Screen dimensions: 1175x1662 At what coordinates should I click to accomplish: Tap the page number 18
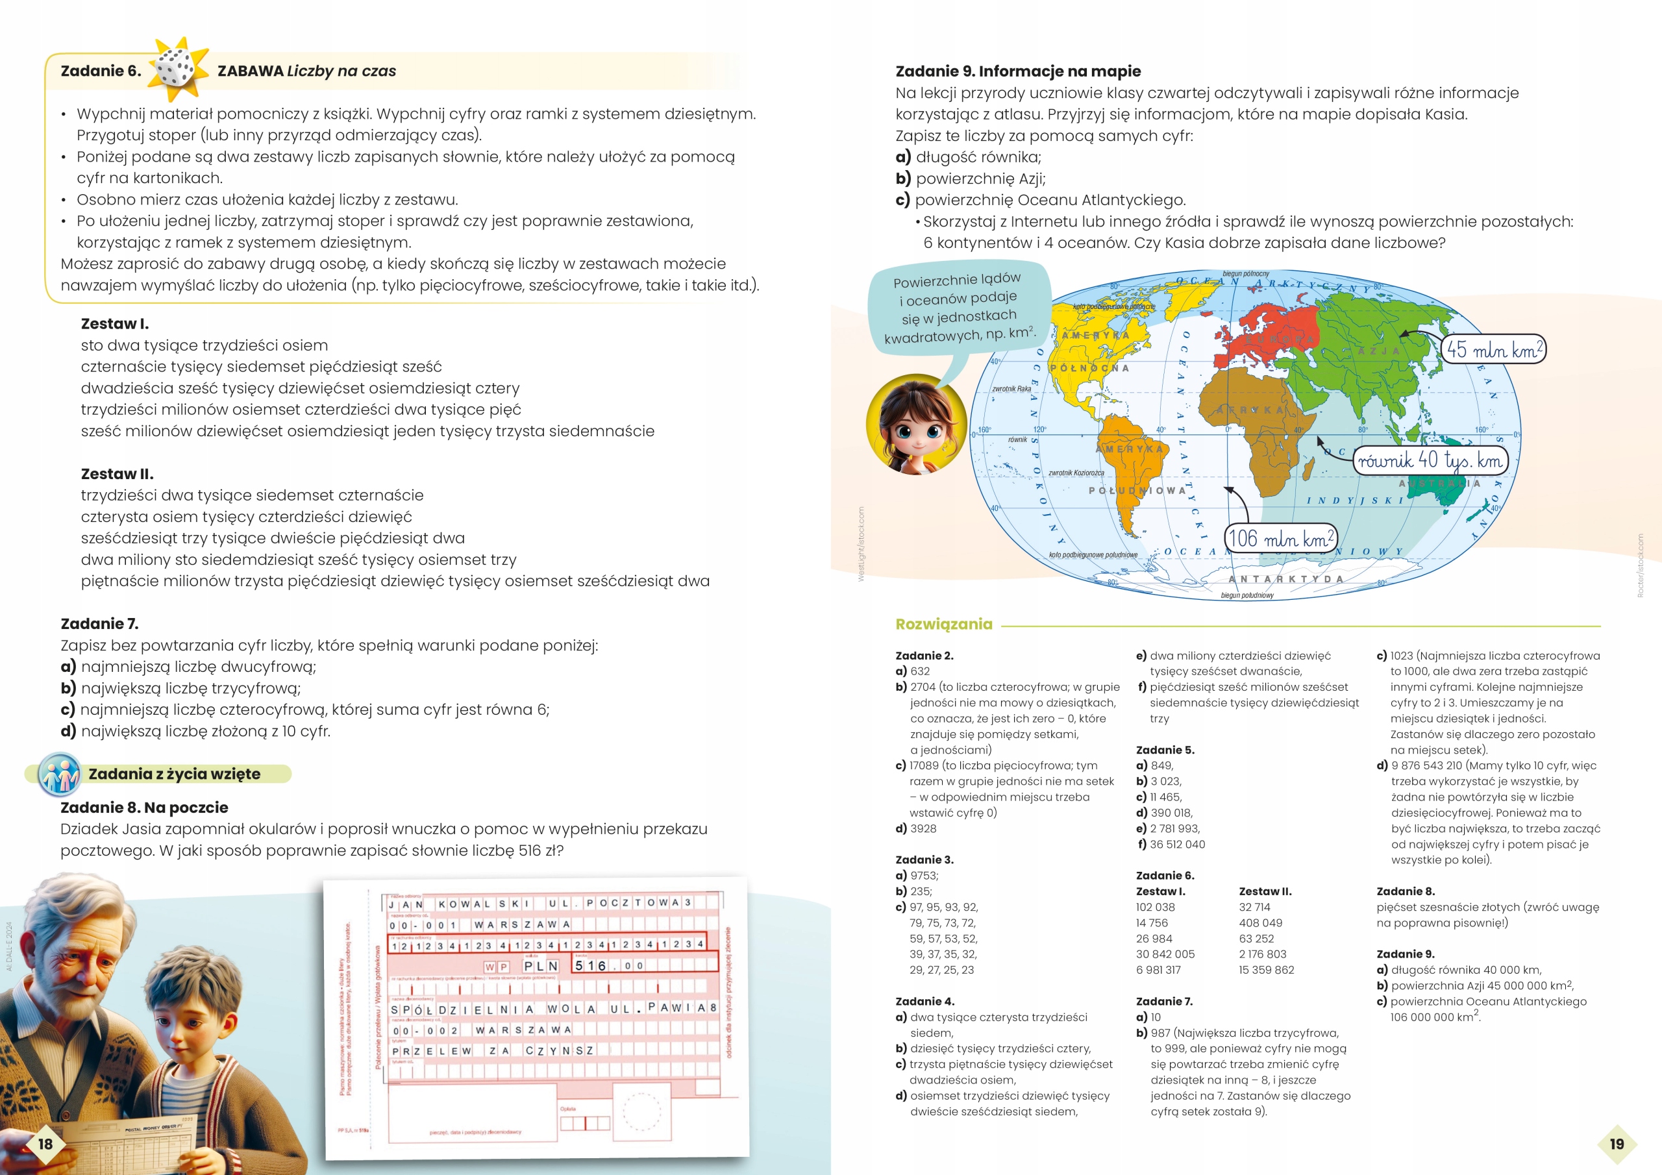pyautogui.click(x=45, y=1143)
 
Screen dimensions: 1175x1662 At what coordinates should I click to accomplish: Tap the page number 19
pyautogui.click(x=1617, y=1143)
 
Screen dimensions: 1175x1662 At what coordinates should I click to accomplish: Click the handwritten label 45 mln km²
pyautogui.click(x=1493, y=350)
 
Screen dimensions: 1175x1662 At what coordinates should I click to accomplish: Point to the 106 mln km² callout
pyautogui.click(x=1280, y=538)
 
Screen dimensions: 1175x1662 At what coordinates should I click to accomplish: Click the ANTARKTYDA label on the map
pyautogui.click(x=1285, y=579)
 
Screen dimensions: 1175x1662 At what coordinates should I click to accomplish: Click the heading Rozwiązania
pyautogui.click(x=943, y=624)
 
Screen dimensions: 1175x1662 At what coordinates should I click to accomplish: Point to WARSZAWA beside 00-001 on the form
pyautogui.click(x=521, y=924)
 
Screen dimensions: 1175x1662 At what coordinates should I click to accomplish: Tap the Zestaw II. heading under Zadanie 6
pyautogui.click(x=117, y=474)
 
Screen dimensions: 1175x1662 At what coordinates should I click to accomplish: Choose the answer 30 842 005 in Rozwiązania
pyautogui.click(x=1165, y=954)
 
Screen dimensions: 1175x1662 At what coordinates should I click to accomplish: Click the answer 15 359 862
pyautogui.click(x=1266, y=970)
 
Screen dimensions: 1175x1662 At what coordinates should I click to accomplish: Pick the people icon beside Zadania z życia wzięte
pyautogui.click(x=59, y=773)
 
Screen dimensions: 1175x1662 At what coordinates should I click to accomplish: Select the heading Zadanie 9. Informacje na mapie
pyautogui.click(x=1018, y=71)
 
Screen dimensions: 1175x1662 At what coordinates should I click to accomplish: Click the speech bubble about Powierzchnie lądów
pyautogui.click(x=959, y=308)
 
